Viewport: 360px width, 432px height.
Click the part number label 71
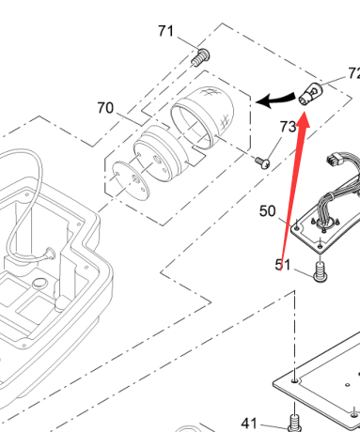pos(165,31)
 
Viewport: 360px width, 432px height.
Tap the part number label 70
pos(105,108)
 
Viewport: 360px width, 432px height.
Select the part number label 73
pos(288,127)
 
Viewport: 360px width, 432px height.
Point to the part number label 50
pos(267,211)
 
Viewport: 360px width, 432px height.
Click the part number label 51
pos(283,265)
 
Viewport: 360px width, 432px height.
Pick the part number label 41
pos(249,424)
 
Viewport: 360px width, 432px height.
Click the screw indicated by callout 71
pos(201,57)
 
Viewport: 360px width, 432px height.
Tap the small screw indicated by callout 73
pos(262,162)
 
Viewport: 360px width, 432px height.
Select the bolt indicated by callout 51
pos(320,271)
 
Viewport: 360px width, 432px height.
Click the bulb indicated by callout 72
pos(311,93)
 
